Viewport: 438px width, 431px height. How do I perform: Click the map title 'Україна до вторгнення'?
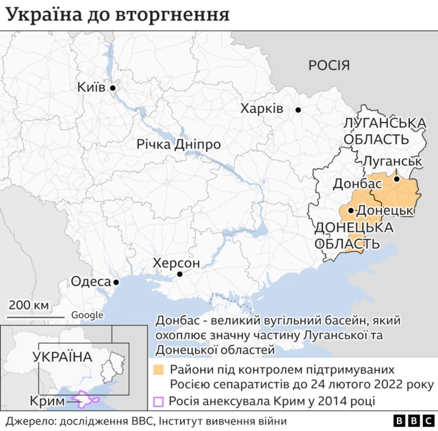click(x=118, y=14)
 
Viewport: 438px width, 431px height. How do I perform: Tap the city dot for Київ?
click(x=114, y=88)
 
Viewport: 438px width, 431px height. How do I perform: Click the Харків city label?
click(x=261, y=109)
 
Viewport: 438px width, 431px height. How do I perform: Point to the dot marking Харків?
click(x=298, y=109)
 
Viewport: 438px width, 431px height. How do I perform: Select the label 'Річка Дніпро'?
click(x=178, y=145)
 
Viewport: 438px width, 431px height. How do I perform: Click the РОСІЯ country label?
click(x=329, y=66)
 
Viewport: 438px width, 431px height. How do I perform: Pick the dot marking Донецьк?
click(x=350, y=210)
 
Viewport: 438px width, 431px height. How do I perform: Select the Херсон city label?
click(x=177, y=263)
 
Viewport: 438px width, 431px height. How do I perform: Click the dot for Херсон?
click(x=180, y=274)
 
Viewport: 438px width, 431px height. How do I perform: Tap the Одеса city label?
click(x=90, y=282)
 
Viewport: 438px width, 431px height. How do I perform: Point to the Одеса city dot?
click(x=116, y=282)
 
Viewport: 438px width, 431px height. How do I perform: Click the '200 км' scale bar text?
click(x=28, y=305)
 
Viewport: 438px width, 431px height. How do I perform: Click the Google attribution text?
click(x=87, y=315)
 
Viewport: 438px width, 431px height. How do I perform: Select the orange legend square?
click(x=158, y=369)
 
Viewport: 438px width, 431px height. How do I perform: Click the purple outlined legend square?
click(x=158, y=402)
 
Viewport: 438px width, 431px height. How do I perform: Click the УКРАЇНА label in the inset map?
click(x=62, y=356)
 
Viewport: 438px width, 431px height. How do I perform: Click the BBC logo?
click(x=411, y=421)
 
